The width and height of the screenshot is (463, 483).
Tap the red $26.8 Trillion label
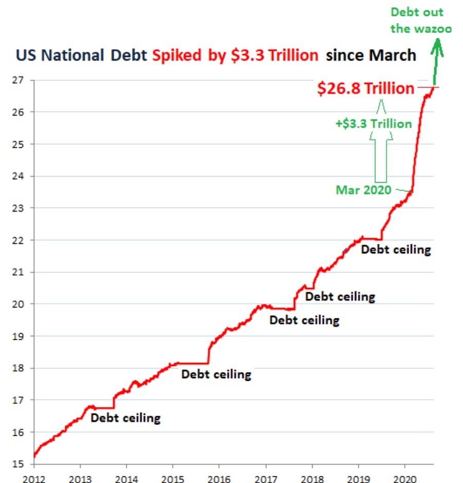point(365,89)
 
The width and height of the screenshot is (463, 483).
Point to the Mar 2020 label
point(363,190)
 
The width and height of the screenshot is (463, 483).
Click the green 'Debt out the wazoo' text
point(421,20)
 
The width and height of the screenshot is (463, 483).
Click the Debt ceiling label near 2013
point(126,418)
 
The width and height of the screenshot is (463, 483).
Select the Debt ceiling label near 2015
point(216,374)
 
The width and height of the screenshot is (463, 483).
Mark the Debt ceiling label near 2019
point(396,250)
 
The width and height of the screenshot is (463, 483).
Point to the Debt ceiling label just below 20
point(304,320)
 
